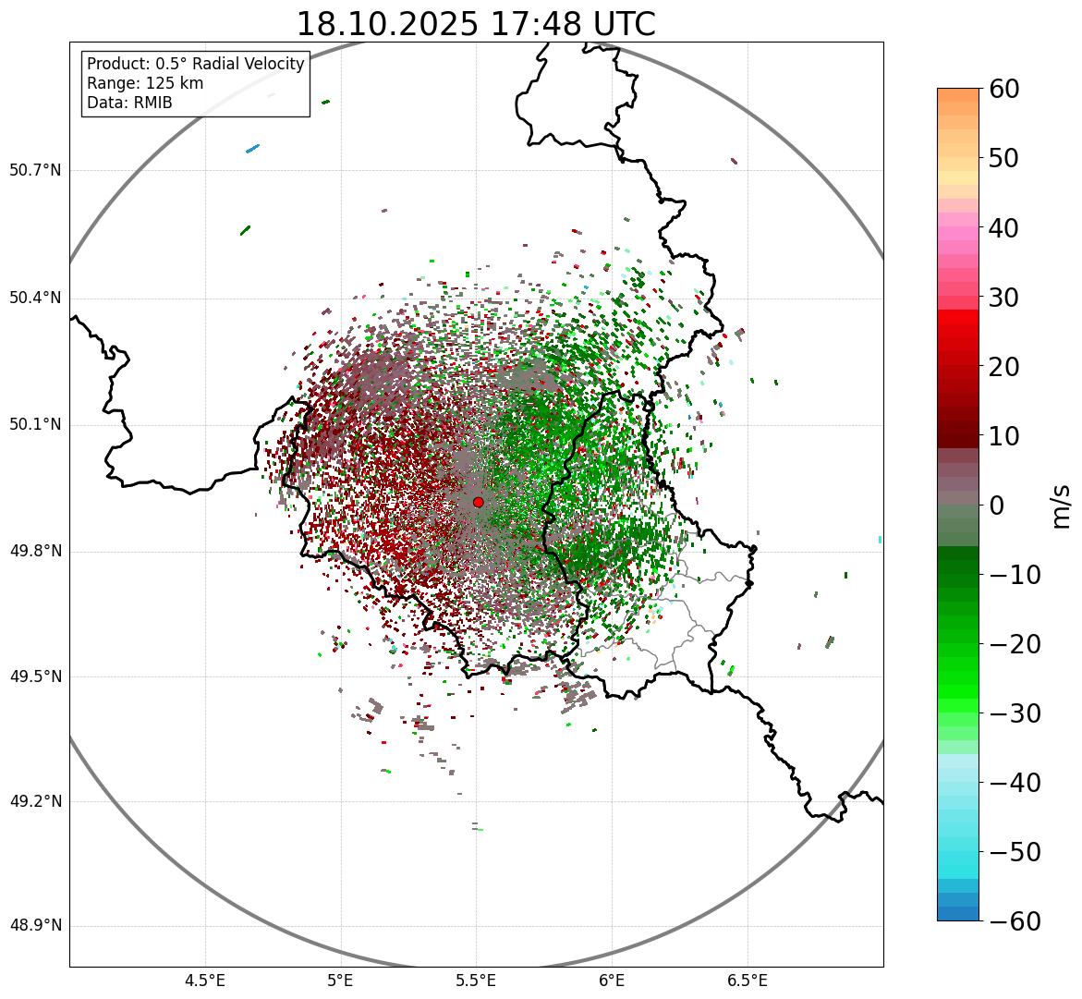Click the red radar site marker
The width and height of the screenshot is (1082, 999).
pyautogui.click(x=478, y=502)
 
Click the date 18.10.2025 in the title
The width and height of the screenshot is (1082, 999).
pyautogui.click(x=386, y=24)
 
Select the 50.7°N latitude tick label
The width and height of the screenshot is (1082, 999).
pyautogui.click(x=35, y=170)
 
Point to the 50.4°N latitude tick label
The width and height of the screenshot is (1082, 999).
pyautogui.click(x=35, y=298)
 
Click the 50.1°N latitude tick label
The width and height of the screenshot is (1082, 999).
pyautogui.click(x=35, y=425)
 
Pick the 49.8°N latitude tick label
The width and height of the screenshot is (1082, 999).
pyautogui.click(x=35, y=552)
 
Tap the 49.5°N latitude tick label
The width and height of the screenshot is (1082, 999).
pyautogui.click(x=35, y=676)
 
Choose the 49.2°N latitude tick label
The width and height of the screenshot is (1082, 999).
pyautogui.click(x=35, y=801)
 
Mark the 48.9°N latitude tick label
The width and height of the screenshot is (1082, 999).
pyautogui.click(x=35, y=926)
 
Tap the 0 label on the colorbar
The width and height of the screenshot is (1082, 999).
pyautogui.click(x=997, y=506)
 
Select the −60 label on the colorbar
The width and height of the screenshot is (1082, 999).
pyautogui.click(x=1015, y=921)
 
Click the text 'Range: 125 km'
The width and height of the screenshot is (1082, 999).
pyautogui.click(x=145, y=83)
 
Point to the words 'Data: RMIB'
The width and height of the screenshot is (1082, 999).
pyautogui.click(x=129, y=103)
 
